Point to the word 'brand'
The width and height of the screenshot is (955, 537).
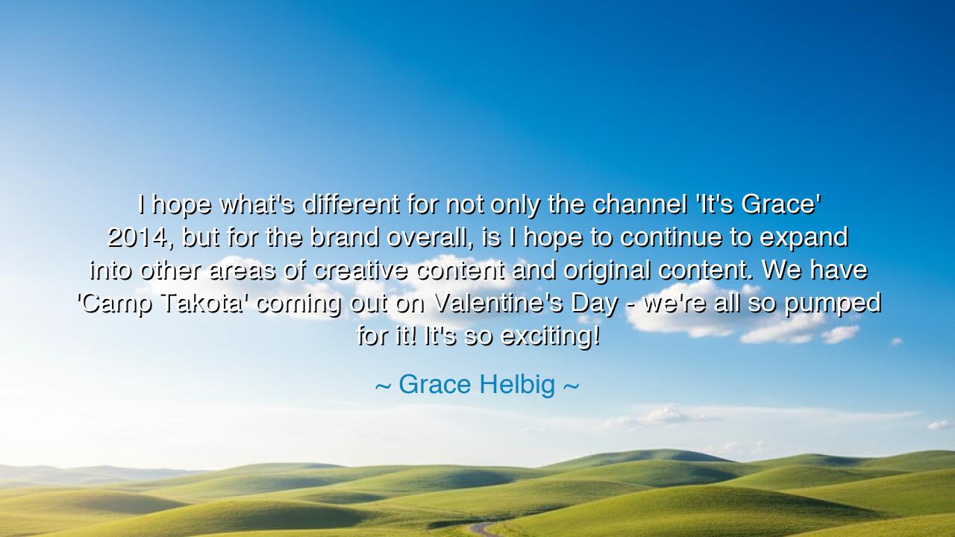[345, 237]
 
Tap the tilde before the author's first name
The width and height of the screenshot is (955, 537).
[383, 386]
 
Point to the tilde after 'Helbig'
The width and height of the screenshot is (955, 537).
[571, 386]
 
